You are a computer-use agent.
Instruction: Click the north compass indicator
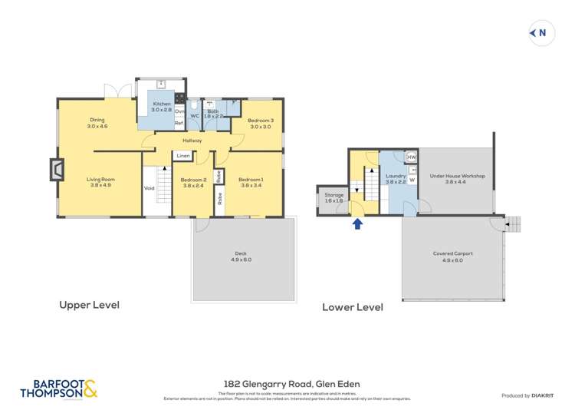542,33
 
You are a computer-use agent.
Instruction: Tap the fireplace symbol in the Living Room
56,169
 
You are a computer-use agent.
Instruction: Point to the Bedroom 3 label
261,124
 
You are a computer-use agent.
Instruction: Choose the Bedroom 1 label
251,182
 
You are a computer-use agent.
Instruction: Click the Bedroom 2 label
193,182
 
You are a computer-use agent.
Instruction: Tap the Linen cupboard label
182,156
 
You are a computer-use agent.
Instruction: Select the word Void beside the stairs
149,187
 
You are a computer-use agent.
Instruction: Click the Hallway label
192,141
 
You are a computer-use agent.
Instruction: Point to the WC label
195,117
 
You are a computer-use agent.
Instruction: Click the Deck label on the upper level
241,256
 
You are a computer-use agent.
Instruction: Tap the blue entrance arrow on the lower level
356,224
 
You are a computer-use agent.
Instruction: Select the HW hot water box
411,157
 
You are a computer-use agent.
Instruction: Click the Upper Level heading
89,305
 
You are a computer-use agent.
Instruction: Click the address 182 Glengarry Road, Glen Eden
291,384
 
